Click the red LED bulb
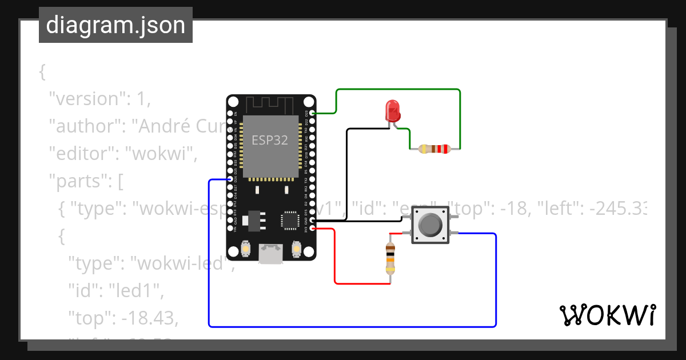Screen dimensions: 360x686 [392, 109]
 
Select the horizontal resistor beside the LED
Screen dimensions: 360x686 [435, 150]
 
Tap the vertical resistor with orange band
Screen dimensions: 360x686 [390, 257]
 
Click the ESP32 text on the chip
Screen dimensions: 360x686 [270, 139]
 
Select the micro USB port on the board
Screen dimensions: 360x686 [270, 254]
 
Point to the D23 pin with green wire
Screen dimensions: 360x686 [312, 113]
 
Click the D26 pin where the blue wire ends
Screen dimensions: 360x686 [230, 179]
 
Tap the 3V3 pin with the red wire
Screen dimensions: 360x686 [312, 229]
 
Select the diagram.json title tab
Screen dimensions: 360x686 [115, 25]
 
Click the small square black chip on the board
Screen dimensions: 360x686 [290, 220]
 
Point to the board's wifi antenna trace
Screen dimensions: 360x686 [270, 105]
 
